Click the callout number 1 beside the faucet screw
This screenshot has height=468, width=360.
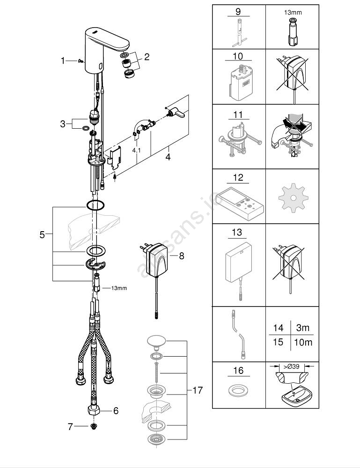click(x=63, y=60)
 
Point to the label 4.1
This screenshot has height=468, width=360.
click(x=136, y=151)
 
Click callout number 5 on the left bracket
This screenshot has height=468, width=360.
click(x=42, y=235)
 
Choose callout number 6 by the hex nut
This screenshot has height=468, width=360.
click(x=115, y=410)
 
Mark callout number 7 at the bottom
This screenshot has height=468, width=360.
click(x=70, y=426)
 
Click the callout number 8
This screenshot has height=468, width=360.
click(x=182, y=256)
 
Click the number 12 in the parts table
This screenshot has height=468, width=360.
click(x=238, y=178)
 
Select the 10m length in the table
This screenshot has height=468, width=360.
click(x=303, y=342)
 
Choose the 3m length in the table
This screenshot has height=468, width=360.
click(x=303, y=328)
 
